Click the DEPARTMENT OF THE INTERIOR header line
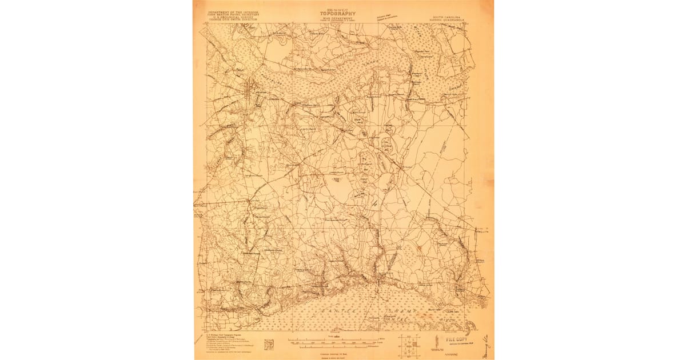(225, 11)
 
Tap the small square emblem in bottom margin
(269, 345)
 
